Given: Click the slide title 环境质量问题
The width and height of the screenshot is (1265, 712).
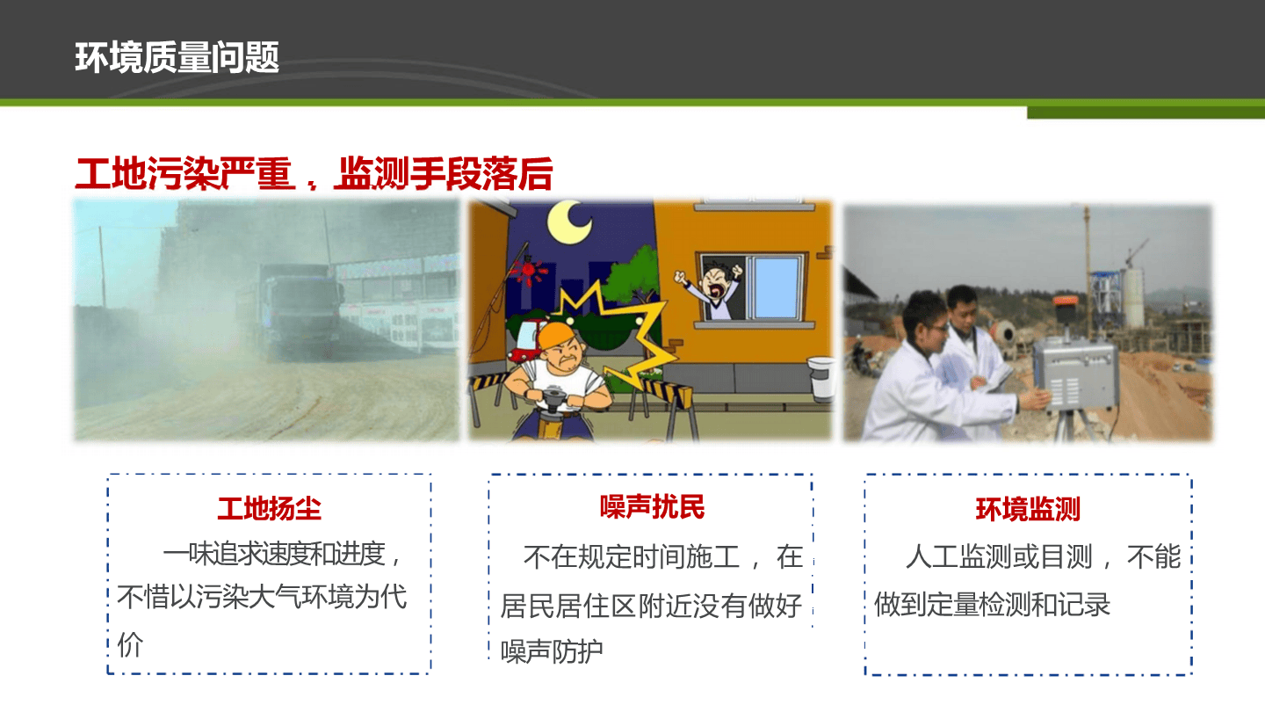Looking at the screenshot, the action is [x=177, y=57].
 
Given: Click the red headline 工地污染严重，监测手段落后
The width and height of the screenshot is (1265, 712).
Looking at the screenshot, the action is [x=314, y=173].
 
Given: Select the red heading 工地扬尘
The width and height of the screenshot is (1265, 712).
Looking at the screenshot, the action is [x=270, y=508].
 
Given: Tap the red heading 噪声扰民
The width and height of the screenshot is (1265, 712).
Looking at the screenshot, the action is [x=652, y=506].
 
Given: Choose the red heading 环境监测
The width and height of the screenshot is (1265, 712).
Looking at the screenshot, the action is [x=1028, y=509].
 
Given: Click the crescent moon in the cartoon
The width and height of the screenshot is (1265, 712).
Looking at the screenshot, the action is [x=569, y=222].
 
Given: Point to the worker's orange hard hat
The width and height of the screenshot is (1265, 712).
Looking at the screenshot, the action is [x=557, y=335].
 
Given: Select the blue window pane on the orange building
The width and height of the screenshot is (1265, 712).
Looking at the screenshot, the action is [x=776, y=287].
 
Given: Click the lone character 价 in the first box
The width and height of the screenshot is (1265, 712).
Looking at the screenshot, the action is [x=130, y=644].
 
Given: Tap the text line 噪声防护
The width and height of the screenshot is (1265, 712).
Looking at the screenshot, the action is [x=552, y=651].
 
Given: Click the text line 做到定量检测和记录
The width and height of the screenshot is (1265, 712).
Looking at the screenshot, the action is [x=993, y=604].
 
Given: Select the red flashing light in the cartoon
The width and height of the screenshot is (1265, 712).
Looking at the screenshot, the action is [x=528, y=270].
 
